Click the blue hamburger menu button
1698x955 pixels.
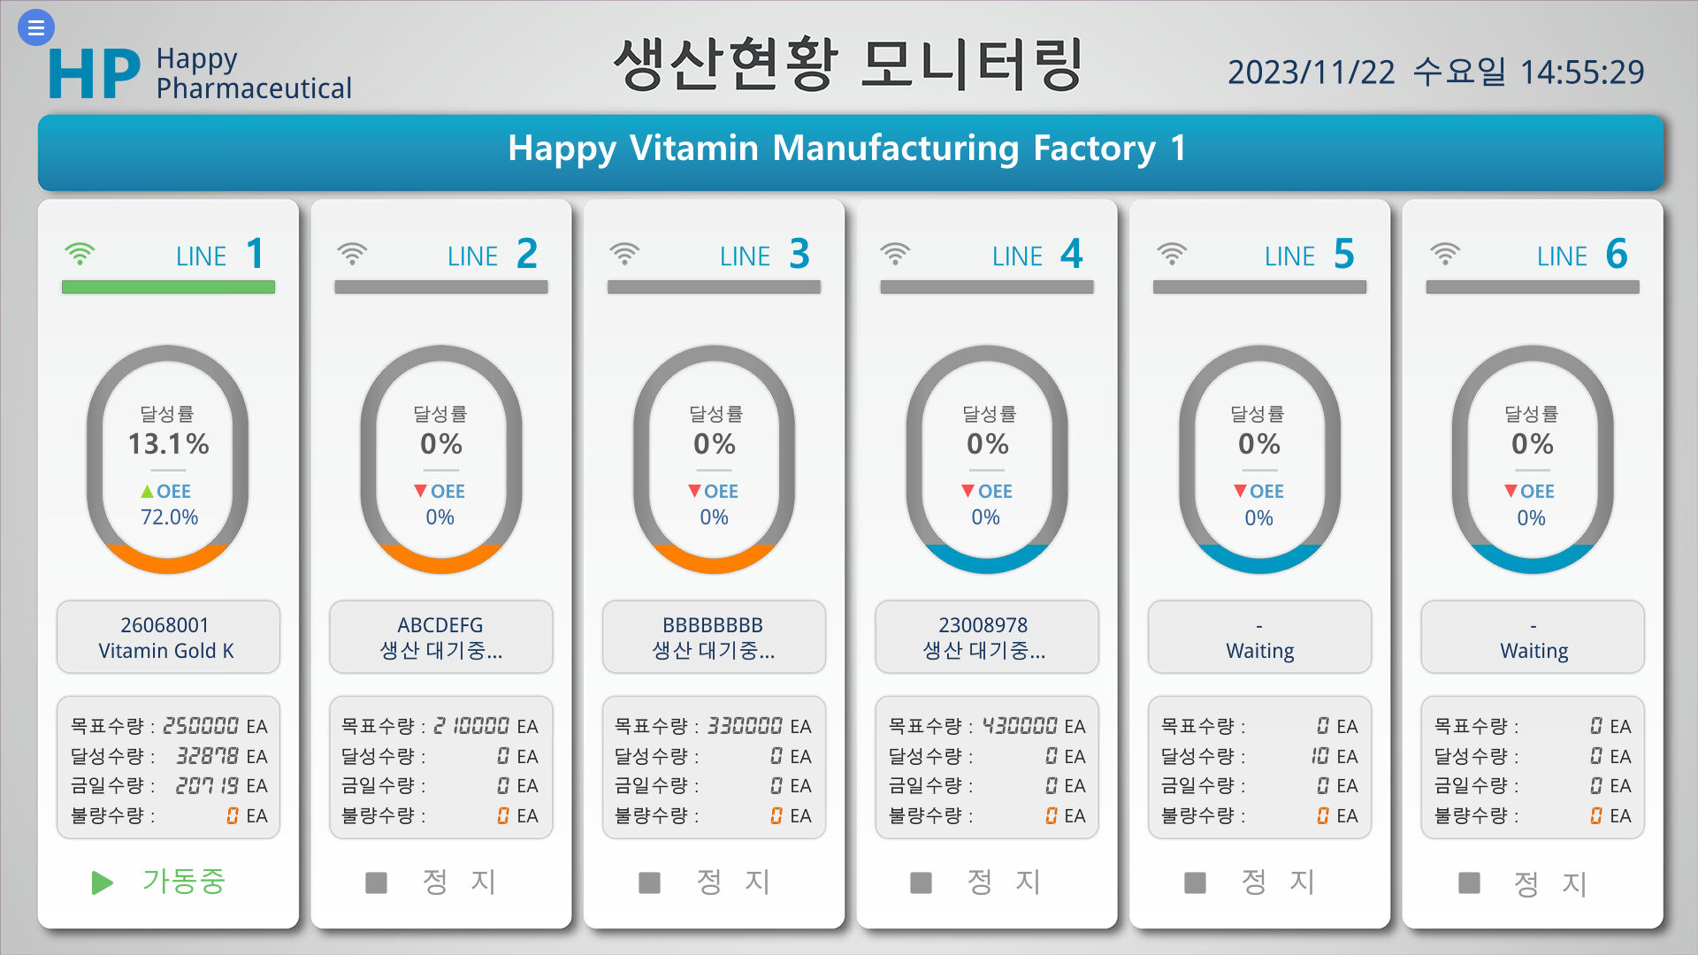(x=35, y=27)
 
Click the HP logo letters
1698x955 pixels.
(x=94, y=74)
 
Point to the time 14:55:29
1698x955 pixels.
(x=1581, y=73)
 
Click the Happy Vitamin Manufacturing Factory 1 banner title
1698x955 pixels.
(x=846, y=149)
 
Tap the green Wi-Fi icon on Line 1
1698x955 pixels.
(x=80, y=255)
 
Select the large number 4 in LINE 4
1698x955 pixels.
(x=1071, y=255)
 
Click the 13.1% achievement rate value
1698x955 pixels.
(x=168, y=444)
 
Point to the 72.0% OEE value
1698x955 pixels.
(x=169, y=517)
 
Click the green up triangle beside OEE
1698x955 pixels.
(x=147, y=491)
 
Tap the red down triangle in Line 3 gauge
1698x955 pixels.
(x=694, y=491)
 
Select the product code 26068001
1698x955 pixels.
(x=164, y=625)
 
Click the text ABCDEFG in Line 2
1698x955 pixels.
(x=440, y=625)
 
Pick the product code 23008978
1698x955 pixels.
(x=983, y=625)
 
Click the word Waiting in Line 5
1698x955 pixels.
(x=1259, y=652)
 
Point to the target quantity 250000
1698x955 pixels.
(x=201, y=726)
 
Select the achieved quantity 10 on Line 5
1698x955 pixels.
(x=1319, y=756)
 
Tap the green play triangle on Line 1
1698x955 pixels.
(x=102, y=882)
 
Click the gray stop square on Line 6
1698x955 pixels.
(x=1469, y=882)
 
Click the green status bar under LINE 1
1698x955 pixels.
(x=168, y=287)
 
